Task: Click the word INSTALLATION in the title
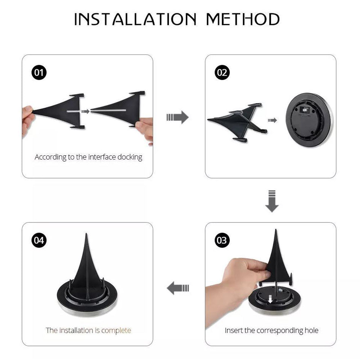136,19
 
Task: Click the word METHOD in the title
243,19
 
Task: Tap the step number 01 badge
39,73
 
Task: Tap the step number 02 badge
222,73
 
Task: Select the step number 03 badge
222,240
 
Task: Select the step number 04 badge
39,240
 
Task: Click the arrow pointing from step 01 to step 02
178,117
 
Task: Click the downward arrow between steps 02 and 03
272,201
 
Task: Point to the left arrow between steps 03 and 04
178,288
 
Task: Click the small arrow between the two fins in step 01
85,111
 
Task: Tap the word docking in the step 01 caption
129,157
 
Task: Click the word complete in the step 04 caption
116,330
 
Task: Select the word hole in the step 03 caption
310,330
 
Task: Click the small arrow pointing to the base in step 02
273,120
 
